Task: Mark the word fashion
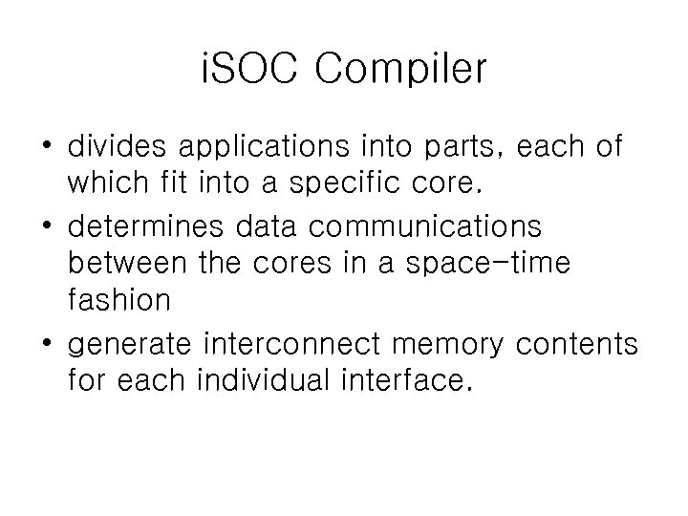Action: (x=119, y=301)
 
